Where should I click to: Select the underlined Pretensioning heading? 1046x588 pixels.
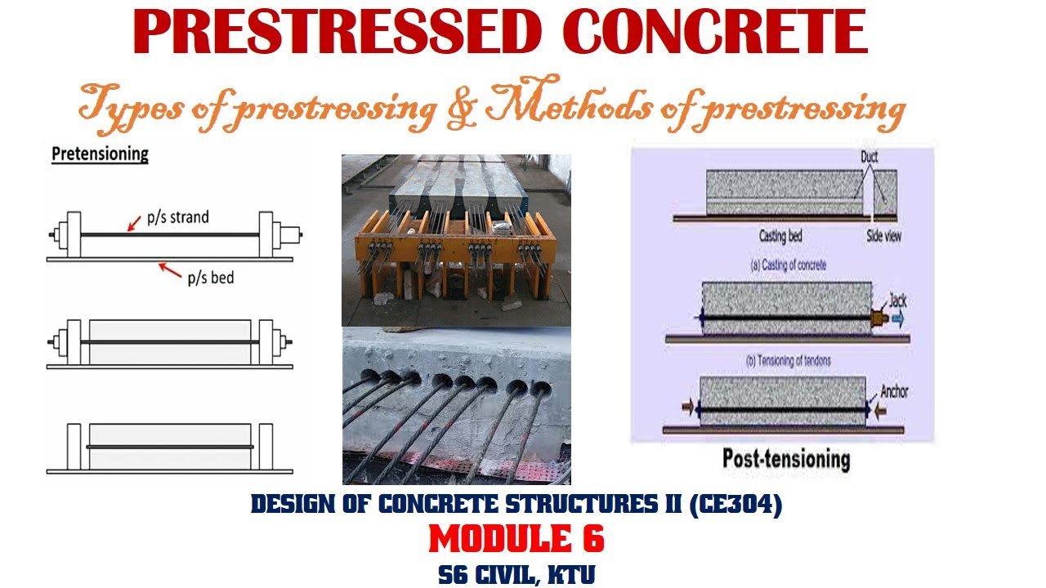(x=100, y=154)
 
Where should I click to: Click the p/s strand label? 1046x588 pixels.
(x=177, y=217)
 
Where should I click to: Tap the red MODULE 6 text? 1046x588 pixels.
(x=516, y=539)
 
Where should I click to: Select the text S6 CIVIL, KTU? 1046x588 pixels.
(x=516, y=574)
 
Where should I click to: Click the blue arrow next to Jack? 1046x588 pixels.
(x=898, y=320)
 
